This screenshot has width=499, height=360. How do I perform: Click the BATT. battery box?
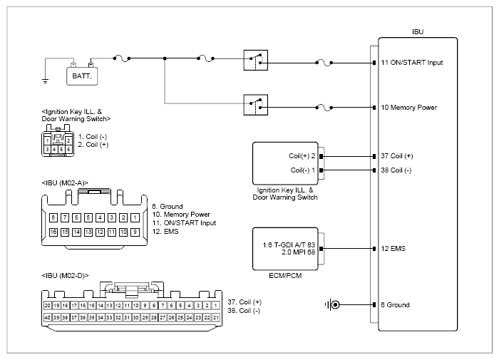click(82, 76)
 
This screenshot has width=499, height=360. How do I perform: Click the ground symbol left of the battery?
click(45, 81)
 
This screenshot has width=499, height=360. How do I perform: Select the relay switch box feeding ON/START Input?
click(255, 60)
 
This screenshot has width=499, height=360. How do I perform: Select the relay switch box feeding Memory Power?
click(255, 105)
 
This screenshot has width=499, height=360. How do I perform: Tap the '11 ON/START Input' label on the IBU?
click(412, 63)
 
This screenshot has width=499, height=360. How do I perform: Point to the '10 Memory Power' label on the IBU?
click(409, 108)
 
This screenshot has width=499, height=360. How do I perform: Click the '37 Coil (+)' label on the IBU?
click(397, 156)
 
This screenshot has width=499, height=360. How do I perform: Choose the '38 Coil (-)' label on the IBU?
click(396, 170)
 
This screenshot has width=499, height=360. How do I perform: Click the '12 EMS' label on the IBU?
click(393, 249)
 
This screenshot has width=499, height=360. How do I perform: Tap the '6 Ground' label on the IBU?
click(395, 305)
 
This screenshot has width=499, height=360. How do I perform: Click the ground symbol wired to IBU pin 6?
click(332, 305)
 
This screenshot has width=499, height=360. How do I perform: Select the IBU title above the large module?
click(418, 32)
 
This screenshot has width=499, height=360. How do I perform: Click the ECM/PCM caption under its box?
click(285, 276)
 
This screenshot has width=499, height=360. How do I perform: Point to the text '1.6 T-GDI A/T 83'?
click(289, 245)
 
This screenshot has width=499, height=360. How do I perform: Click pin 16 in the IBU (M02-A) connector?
click(53, 232)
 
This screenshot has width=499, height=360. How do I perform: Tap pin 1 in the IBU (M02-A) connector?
click(135, 217)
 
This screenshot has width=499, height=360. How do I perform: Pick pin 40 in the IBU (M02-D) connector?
click(48, 317)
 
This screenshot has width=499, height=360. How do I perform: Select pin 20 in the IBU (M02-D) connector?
click(48, 306)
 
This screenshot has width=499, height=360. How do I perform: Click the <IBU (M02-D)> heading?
click(65, 276)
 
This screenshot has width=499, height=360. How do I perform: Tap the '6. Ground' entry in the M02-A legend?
click(168, 207)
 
